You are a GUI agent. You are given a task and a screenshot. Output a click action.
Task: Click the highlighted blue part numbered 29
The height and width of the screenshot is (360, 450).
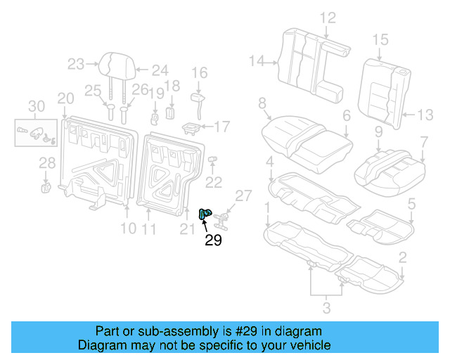pyautogui.click(x=206, y=215)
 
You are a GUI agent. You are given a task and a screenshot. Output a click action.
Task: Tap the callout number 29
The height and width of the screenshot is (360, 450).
pyautogui.click(x=214, y=240)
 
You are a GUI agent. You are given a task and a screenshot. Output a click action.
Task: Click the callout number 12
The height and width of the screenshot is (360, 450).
pyautogui.click(x=328, y=18)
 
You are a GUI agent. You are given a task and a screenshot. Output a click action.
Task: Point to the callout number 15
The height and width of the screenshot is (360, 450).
pyautogui.click(x=380, y=39)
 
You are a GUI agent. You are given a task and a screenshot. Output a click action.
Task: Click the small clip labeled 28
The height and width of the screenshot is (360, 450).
pyautogui.click(x=46, y=186)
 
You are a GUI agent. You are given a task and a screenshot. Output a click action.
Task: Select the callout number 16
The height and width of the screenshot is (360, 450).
pyautogui.click(x=199, y=72)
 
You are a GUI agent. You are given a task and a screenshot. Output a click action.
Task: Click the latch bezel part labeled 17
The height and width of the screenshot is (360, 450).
pyautogui.click(x=191, y=127)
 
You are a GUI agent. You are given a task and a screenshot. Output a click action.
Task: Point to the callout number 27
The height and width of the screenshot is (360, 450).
pyautogui.click(x=243, y=195)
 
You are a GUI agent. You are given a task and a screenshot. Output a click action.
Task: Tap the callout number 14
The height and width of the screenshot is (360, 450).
pyautogui.click(x=258, y=62)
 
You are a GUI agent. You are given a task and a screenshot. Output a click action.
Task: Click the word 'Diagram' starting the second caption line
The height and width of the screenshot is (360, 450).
pyautogui.click(x=99, y=345)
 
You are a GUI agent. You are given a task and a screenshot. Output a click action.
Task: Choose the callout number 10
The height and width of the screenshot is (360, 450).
pyautogui.click(x=127, y=228)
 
